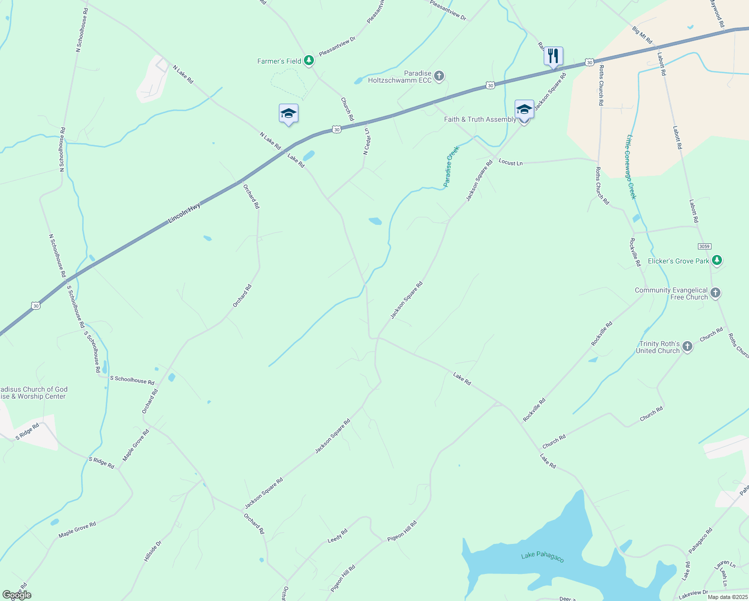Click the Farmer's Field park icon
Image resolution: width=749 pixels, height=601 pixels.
309,61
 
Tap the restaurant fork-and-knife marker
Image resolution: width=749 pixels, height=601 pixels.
553,56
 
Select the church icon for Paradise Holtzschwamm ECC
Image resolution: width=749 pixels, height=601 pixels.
439,76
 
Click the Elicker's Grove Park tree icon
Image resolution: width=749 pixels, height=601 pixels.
717,260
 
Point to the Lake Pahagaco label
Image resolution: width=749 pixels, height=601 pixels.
542,556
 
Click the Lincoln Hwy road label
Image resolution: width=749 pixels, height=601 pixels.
184,213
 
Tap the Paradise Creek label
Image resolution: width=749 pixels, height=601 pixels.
451,167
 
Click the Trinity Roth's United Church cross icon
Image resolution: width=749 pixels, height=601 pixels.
687,347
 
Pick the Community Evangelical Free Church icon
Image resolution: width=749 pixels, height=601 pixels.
715,293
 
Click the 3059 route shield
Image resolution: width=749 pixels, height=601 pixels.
704,246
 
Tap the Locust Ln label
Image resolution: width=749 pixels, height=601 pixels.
510,162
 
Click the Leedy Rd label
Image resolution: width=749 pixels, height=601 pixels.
337,536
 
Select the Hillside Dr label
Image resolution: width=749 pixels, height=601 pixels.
153,551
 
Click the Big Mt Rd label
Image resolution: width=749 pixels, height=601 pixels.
642,35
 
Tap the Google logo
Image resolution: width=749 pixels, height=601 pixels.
17,595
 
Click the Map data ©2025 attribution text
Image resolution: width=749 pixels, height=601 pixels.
727,596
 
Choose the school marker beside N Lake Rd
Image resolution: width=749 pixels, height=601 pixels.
288,113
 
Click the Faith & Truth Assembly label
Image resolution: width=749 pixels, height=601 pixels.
480,119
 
